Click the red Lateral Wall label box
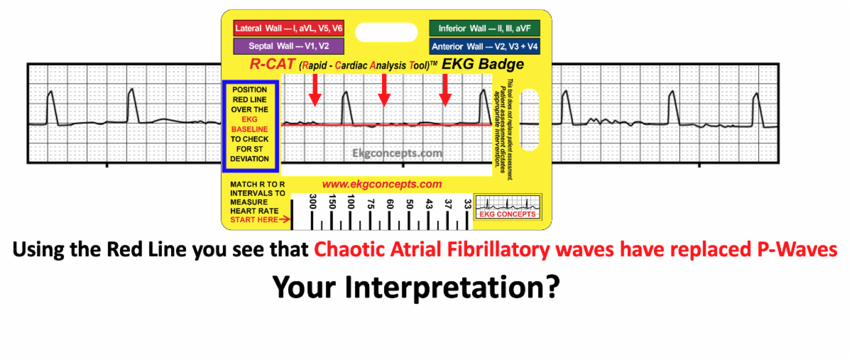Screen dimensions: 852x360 pyautogui.click(x=289, y=28)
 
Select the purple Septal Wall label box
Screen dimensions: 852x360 pyautogui.click(x=289, y=46)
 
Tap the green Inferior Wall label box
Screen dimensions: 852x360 pyautogui.click(x=484, y=28)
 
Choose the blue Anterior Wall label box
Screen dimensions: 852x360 pyautogui.click(x=484, y=46)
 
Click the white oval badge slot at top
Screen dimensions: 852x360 pyautogui.click(x=386, y=33)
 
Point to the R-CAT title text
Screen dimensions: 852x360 pyautogui.click(x=273, y=64)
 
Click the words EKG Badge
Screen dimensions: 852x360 pyautogui.click(x=483, y=64)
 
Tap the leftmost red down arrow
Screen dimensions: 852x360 pyautogui.click(x=315, y=90)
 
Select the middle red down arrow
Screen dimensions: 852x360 pyautogui.click(x=384, y=90)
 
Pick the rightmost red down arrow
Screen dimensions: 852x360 pyautogui.click(x=445, y=90)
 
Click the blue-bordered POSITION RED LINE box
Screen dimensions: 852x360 pyautogui.click(x=250, y=125)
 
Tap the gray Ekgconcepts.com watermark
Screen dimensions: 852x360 pyautogui.click(x=397, y=153)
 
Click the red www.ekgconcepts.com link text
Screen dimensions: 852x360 pyautogui.click(x=382, y=184)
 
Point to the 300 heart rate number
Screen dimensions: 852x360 pyautogui.click(x=312, y=202)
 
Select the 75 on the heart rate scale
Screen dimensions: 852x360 pyautogui.click(x=371, y=204)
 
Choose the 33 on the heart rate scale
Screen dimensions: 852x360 pyautogui.click(x=467, y=204)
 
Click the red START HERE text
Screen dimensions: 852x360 pyautogui.click(x=254, y=219)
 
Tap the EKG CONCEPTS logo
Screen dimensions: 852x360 pyautogui.click(x=508, y=207)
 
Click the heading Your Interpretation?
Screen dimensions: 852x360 pyautogui.click(x=416, y=288)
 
